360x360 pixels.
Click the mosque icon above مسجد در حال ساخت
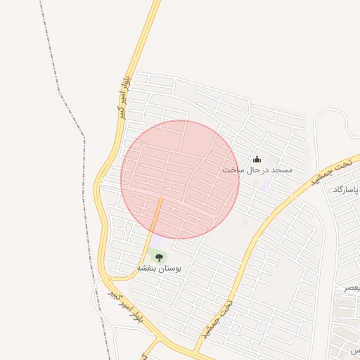pyautogui.click(x=257, y=159)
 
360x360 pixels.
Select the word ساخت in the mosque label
pyautogui.click(x=232, y=170)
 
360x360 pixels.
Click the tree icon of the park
pyautogui.click(x=159, y=257)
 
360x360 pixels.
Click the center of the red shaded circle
pyautogui.click(x=180, y=179)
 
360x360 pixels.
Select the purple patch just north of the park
pyautogui.click(x=161, y=240)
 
